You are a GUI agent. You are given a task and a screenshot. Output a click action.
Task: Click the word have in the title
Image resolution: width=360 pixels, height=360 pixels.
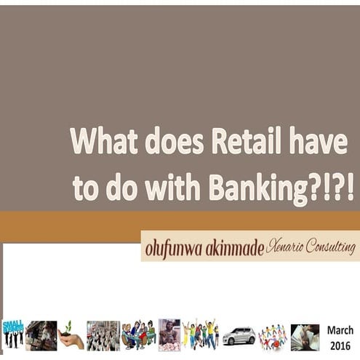[317, 141]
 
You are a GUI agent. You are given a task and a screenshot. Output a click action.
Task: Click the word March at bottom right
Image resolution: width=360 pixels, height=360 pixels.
[340, 330]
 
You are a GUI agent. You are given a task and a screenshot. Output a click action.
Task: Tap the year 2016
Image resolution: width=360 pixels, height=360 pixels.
[340, 345]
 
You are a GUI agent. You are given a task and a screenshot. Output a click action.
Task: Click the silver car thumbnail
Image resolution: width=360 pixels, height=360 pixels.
[239, 336]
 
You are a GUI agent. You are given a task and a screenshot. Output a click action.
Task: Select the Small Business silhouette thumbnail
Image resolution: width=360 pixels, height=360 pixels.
[12, 335]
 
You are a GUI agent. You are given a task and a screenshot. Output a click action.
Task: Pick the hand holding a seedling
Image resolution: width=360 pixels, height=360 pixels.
[71, 336]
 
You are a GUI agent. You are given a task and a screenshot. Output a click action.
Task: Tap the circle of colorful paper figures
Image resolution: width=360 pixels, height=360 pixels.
[272, 337]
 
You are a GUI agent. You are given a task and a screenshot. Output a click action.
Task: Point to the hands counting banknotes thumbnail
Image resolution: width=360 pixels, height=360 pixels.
[305, 337]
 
